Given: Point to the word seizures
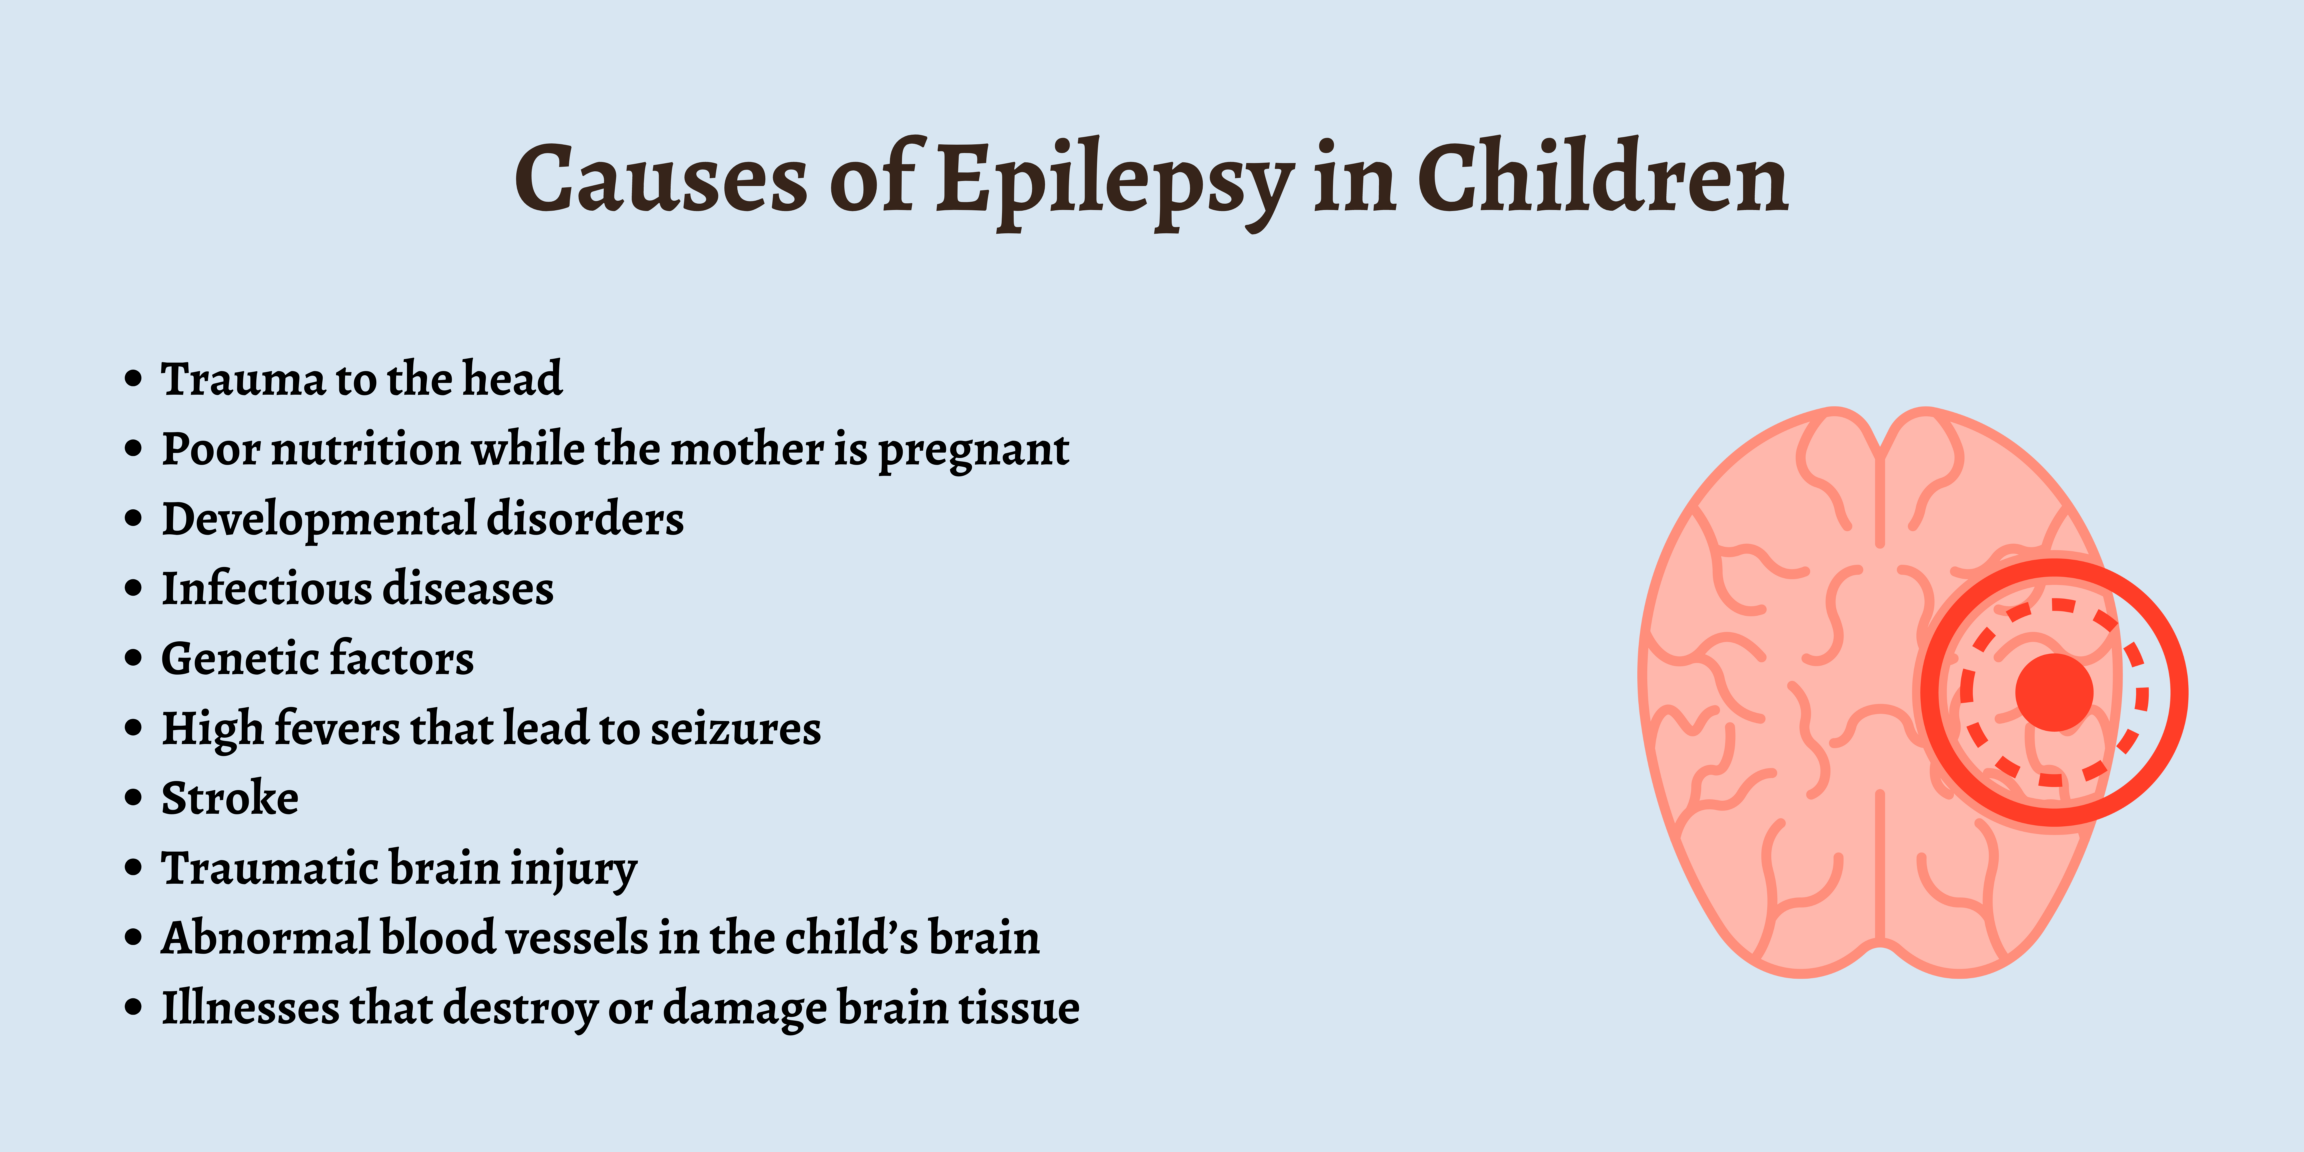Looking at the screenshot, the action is (x=735, y=728).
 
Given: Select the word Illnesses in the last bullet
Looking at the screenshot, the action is (x=250, y=1007).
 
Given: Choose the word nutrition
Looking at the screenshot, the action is (x=366, y=449).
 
